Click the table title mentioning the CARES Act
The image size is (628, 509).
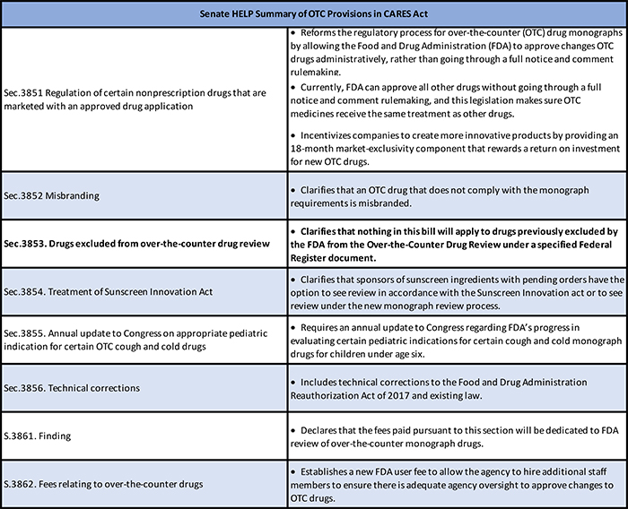pos(314,13)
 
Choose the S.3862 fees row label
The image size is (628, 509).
pos(101,484)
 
